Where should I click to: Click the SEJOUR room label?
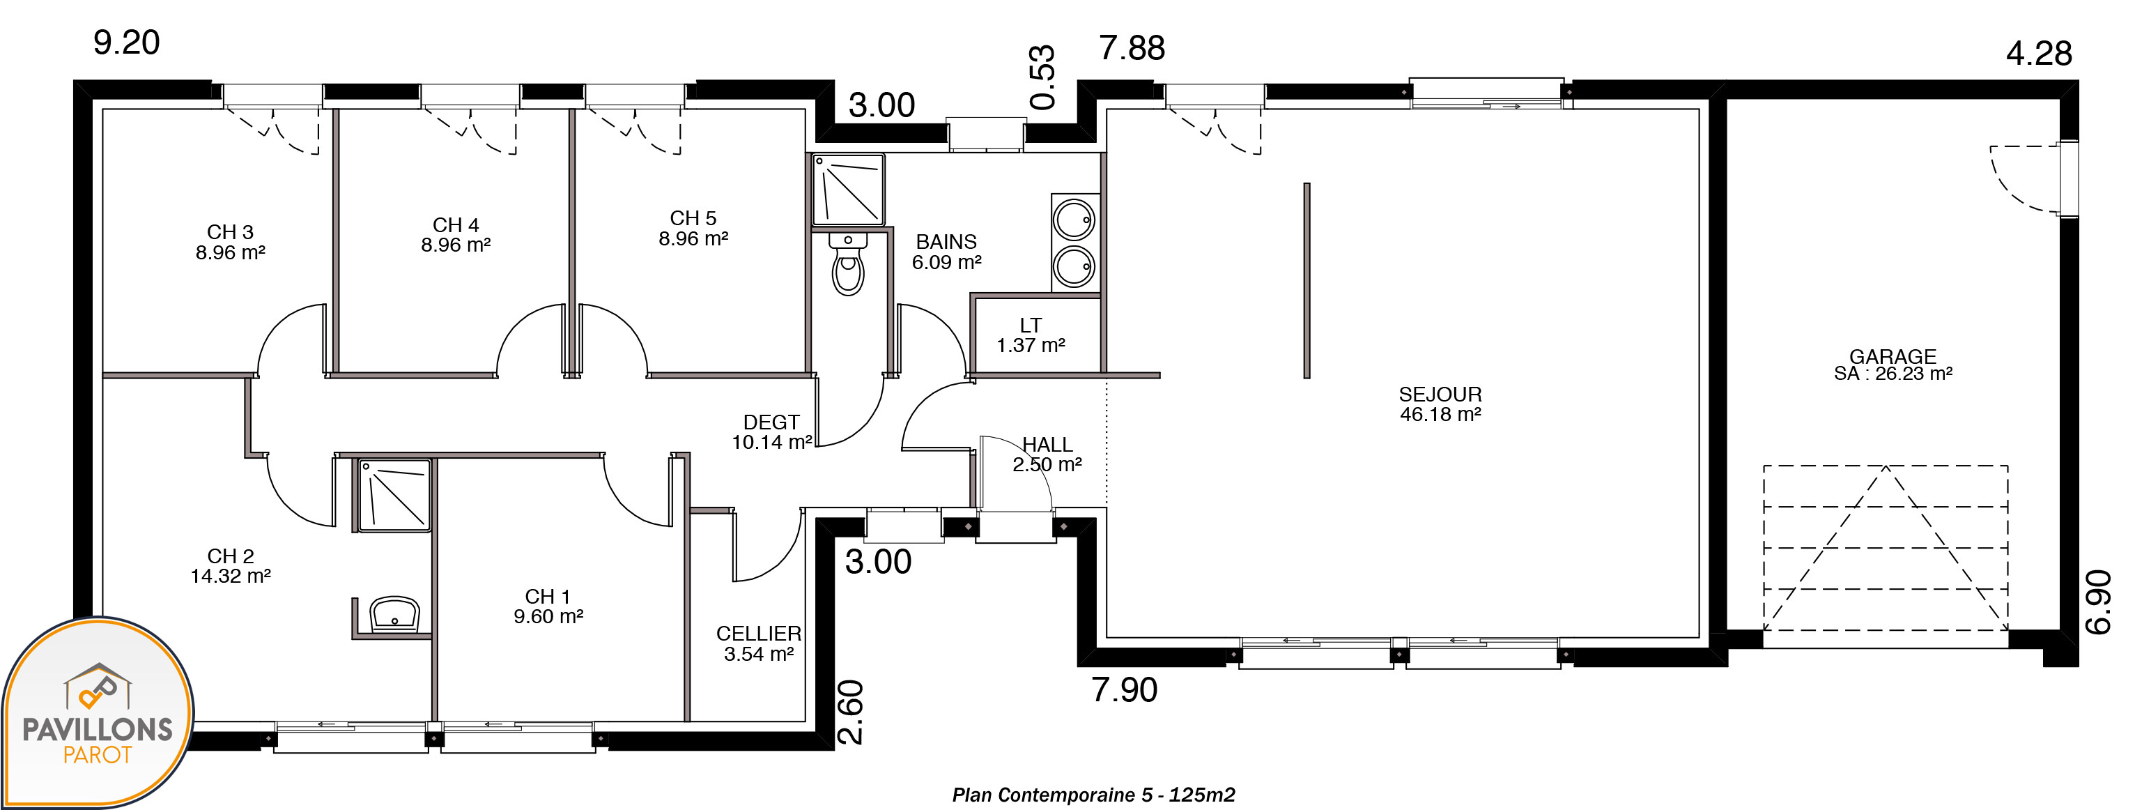pyautogui.click(x=1440, y=395)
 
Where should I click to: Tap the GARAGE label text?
pyautogui.click(x=1893, y=356)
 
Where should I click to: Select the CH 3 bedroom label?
pyautogui.click(x=231, y=232)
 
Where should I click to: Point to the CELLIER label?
pyautogui.click(x=758, y=634)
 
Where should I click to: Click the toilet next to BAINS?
pyautogui.click(x=848, y=263)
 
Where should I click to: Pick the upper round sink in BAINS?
pyautogui.click(x=1074, y=220)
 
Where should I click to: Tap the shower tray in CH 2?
pyautogui.click(x=394, y=496)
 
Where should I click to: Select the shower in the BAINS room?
pyautogui.click(x=848, y=189)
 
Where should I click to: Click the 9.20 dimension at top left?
pyautogui.click(x=126, y=43)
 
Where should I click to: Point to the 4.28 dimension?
pyautogui.click(x=2039, y=54)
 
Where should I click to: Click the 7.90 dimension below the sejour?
pyautogui.click(x=1124, y=690)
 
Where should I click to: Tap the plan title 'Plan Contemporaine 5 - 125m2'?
pyautogui.click(x=1093, y=795)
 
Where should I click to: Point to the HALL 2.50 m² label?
pyautogui.click(x=1047, y=454)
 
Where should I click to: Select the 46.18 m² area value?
pyautogui.click(x=1440, y=415)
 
